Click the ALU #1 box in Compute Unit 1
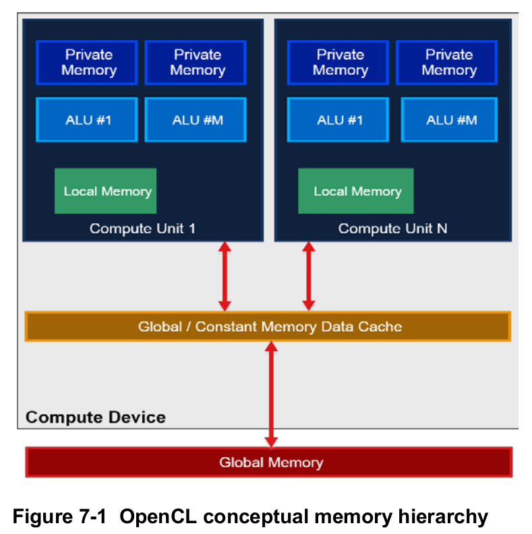click(87, 120)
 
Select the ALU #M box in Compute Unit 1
click(196, 120)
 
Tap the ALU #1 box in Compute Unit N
click(338, 120)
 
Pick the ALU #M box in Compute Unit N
click(449, 120)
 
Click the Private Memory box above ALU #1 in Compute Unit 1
click(87, 63)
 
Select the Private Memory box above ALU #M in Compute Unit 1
click(196, 63)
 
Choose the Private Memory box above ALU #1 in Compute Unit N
click(338, 63)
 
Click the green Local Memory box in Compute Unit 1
click(106, 191)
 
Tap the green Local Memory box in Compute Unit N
click(356, 191)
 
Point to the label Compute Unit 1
click(142, 229)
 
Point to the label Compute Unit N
click(392, 229)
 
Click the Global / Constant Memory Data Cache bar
click(268, 327)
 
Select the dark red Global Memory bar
click(269, 463)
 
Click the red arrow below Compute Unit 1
click(225, 276)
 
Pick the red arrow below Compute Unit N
click(308, 276)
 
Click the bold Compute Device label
click(96, 417)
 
